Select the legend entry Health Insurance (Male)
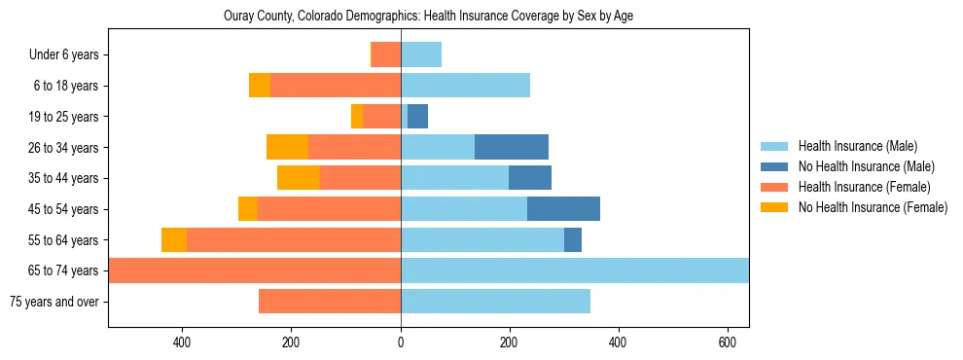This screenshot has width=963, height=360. coord(851,146)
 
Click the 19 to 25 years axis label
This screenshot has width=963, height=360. coord(65,117)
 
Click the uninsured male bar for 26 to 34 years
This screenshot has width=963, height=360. coord(512,147)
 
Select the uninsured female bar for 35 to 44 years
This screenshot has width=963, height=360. coord(299,178)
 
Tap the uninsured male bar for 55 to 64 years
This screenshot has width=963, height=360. coord(573,239)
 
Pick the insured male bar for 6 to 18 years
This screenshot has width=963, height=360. coord(465,86)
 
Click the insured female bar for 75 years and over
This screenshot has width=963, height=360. coord(330,302)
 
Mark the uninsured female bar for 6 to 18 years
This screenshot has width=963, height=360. coord(260,86)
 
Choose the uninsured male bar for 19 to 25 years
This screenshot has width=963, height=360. coord(417,117)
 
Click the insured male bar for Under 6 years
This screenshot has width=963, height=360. coord(421,54)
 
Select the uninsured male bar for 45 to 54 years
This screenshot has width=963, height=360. coord(563,209)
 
